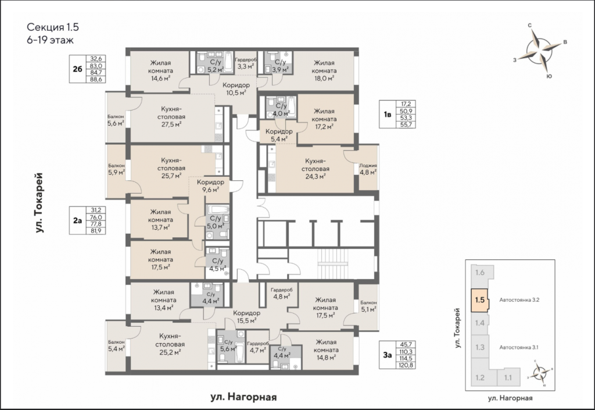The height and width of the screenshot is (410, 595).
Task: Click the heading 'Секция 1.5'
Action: (x=53, y=27)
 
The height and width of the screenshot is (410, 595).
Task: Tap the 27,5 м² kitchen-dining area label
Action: (x=171, y=116)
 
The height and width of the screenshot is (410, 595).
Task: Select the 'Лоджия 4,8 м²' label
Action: (x=368, y=169)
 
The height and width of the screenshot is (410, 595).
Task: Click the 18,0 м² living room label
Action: (x=324, y=70)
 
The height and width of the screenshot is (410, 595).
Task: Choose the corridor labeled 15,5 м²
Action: (x=246, y=316)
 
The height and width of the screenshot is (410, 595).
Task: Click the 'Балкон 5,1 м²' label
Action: (x=368, y=306)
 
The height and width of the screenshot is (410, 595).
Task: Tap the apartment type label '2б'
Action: (x=77, y=69)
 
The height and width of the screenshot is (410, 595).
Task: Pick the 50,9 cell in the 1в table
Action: (x=406, y=111)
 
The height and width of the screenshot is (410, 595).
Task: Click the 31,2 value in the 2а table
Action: (x=96, y=210)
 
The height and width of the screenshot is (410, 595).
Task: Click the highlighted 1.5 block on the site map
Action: (x=479, y=300)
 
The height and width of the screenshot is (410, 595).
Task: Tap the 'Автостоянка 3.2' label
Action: (x=519, y=300)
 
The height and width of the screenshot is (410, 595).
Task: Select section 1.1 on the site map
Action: (x=508, y=378)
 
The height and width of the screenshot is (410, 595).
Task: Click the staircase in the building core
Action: (x=333, y=263)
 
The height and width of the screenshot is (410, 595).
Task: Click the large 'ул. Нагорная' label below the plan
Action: (x=243, y=397)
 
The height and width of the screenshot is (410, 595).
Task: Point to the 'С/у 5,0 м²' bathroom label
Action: (x=216, y=222)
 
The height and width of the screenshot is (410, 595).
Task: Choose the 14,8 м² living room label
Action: (x=326, y=350)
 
